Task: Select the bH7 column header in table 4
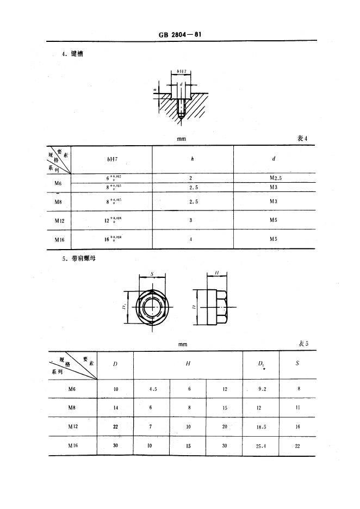click(x=113, y=159)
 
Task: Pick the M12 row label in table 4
click(x=60, y=221)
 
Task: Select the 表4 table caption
click(x=302, y=138)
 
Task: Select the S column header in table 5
click(x=297, y=363)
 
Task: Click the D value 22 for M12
click(x=115, y=427)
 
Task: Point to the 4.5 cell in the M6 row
click(x=152, y=389)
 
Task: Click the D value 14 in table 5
click(x=115, y=407)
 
